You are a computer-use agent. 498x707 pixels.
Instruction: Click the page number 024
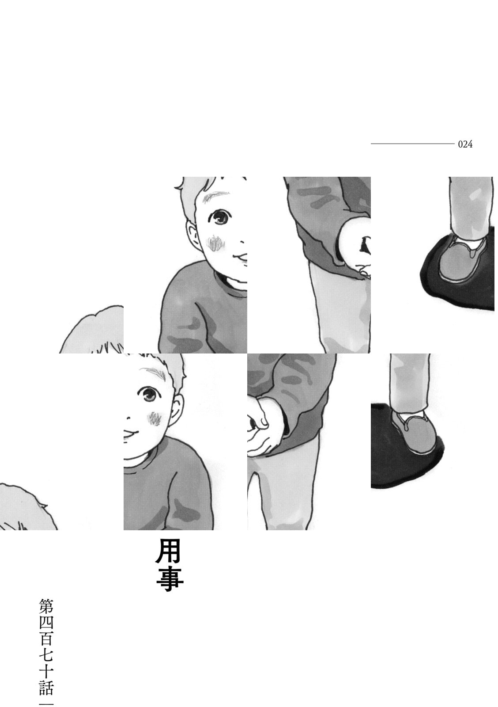[465, 144]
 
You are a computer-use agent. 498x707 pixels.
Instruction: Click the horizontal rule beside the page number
[412, 144]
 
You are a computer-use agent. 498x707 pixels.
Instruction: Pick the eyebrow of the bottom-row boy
[154, 372]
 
